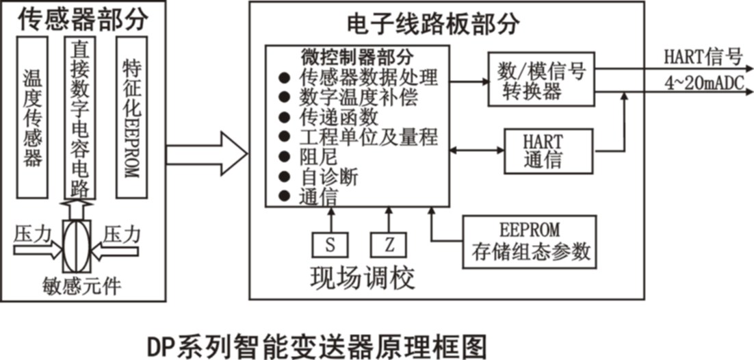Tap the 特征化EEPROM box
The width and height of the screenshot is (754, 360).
click(x=131, y=117)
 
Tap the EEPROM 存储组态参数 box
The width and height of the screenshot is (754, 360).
click(x=530, y=242)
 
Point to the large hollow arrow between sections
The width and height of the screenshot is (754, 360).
click(x=206, y=154)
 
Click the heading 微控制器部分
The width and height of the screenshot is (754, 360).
click(x=356, y=55)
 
